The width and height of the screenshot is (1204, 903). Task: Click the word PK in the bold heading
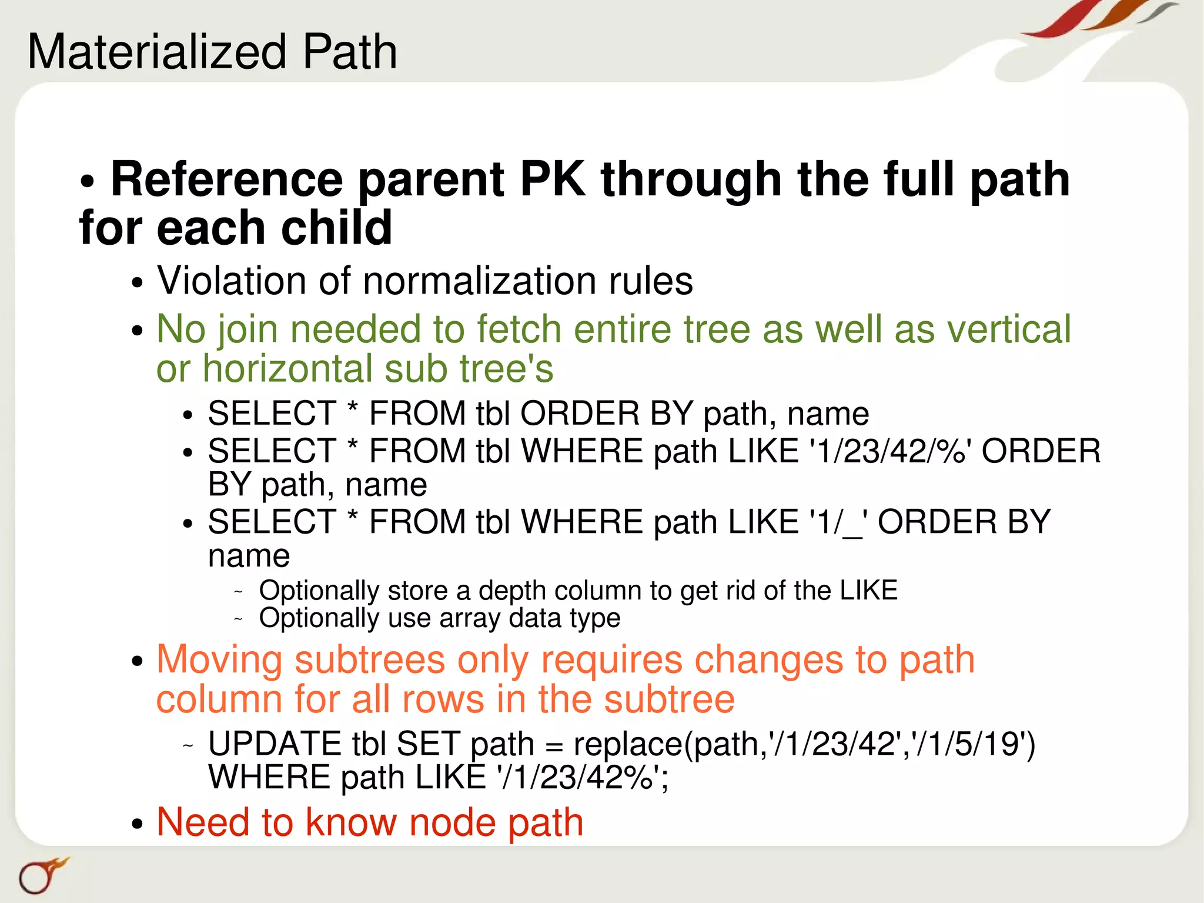click(x=553, y=179)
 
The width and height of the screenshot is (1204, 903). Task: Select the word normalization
click(x=480, y=281)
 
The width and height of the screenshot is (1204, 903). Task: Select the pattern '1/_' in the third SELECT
click(x=837, y=522)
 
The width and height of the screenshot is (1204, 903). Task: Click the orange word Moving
click(x=220, y=659)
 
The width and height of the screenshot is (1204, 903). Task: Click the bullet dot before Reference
click(x=87, y=182)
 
